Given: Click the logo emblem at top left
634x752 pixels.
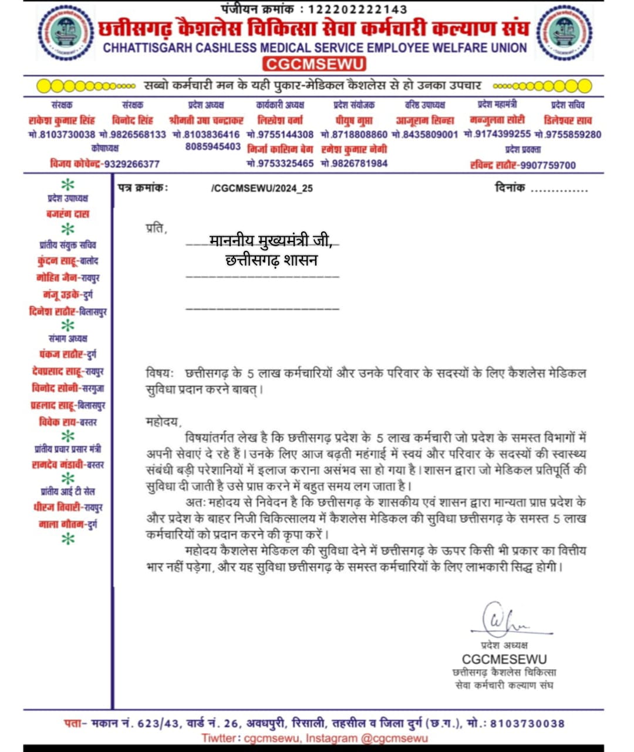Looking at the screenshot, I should click(65, 33).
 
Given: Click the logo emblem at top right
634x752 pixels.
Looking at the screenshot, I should click(564, 33).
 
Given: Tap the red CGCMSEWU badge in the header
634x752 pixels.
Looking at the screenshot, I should click(314, 64).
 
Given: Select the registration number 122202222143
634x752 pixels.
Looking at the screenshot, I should click(358, 9).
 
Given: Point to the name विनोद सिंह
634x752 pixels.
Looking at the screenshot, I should click(133, 120).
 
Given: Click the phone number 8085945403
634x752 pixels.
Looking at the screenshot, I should click(213, 147).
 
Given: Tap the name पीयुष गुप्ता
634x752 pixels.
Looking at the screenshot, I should click(354, 120).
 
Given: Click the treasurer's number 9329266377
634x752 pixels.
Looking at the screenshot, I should click(131, 164).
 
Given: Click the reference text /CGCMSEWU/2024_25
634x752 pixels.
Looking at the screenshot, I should click(262, 188).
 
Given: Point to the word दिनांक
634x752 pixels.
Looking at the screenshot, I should click(510, 188).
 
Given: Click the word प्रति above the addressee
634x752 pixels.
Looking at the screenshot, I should click(156, 228).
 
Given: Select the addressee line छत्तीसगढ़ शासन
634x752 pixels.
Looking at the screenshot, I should click(271, 260).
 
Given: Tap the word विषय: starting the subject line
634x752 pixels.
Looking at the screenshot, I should click(160, 373).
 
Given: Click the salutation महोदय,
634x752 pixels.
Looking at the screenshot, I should click(164, 421).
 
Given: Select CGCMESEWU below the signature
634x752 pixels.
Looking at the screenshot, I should click(504, 659).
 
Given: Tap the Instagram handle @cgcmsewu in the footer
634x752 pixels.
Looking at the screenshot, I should click(394, 738).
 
